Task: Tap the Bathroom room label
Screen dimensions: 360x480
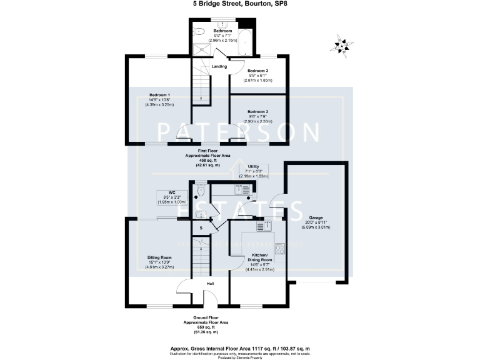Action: click(x=222, y=31)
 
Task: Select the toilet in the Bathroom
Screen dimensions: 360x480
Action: click(x=199, y=32)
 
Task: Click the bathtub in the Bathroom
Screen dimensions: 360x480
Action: click(x=245, y=41)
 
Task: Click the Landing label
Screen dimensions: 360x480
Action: click(x=219, y=66)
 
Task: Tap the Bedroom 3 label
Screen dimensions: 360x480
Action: click(x=257, y=71)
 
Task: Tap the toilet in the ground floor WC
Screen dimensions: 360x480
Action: click(x=200, y=194)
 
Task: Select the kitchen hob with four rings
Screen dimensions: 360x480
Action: click(x=277, y=248)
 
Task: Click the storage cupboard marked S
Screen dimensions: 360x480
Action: click(x=201, y=228)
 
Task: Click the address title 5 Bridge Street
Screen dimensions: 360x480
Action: click(x=239, y=4)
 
